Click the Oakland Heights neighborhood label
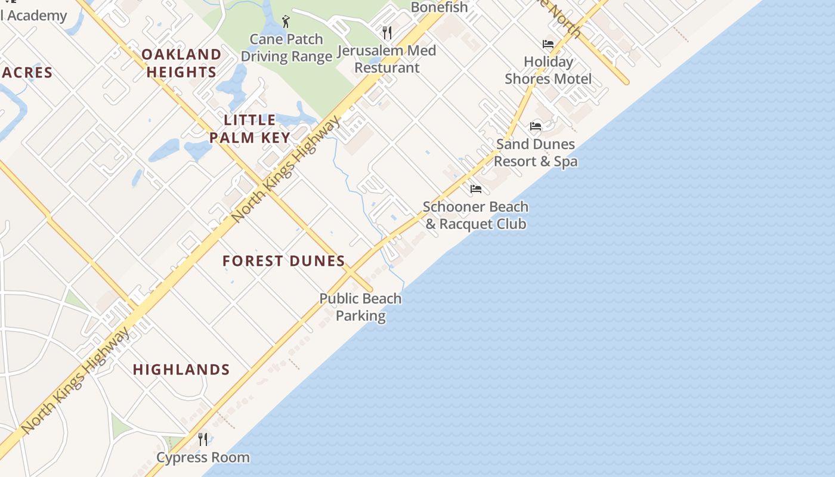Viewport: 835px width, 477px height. point(181,63)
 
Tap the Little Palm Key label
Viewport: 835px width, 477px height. point(250,129)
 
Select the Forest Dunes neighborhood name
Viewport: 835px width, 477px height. point(284,261)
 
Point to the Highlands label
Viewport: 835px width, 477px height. point(181,370)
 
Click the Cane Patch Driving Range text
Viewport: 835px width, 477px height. point(286,48)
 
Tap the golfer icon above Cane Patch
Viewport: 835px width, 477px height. point(286,22)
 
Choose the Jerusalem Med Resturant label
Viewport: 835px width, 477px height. point(386,59)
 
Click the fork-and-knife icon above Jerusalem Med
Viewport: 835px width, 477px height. point(387,32)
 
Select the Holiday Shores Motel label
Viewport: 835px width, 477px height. point(548,70)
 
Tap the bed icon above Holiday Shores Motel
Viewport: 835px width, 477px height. point(548,44)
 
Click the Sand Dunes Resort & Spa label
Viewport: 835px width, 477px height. point(536,153)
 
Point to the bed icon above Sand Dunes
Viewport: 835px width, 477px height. point(536,126)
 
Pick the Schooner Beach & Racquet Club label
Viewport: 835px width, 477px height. point(475,215)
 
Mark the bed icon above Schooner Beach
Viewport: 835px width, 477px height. point(475,189)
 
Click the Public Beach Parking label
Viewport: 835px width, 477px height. point(360,307)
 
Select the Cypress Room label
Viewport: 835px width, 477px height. point(203,458)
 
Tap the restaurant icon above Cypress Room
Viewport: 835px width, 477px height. point(203,439)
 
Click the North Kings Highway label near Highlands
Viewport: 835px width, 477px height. point(76,380)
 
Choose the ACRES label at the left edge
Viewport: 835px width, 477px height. point(26,73)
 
